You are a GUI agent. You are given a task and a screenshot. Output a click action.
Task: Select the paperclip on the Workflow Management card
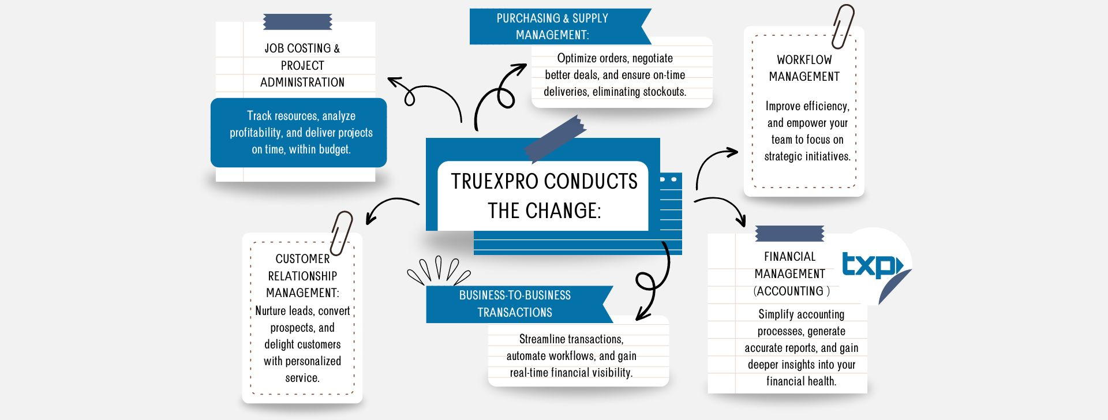click(843, 26)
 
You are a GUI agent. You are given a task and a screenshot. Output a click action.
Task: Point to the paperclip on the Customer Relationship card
click(341, 232)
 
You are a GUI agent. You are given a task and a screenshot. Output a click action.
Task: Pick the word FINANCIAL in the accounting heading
click(789, 257)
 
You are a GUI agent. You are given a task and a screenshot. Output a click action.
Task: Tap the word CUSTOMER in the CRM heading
click(302, 259)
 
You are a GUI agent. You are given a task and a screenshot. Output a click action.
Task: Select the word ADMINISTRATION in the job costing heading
click(302, 82)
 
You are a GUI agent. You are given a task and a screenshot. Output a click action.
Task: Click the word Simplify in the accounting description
click(776, 314)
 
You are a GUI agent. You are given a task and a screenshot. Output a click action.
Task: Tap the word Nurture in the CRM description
click(271, 311)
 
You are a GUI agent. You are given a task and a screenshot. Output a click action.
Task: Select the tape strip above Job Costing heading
click(297, 22)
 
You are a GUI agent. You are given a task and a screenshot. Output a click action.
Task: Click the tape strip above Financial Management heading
click(789, 233)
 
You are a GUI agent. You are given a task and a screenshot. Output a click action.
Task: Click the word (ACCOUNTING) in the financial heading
click(791, 291)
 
